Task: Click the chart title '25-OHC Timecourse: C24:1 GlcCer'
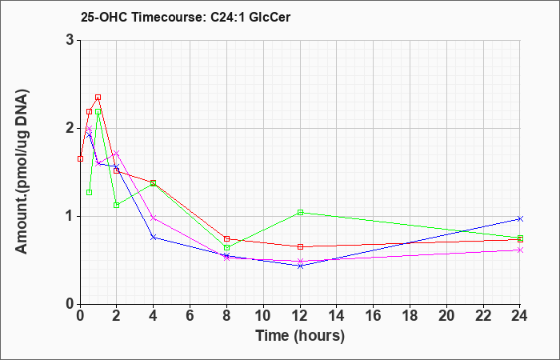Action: pyautogui.click(x=186, y=17)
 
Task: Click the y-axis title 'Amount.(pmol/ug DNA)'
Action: pyautogui.click(x=22, y=172)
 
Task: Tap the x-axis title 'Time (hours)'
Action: pyautogui.click(x=300, y=336)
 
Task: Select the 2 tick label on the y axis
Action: pyautogui.click(x=70, y=128)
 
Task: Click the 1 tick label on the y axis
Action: pyautogui.click(x=70, y=217)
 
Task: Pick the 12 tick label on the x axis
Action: pyautogui.click(x=300, y=315)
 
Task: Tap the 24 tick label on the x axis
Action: pyautogui.click(x=520, y=315)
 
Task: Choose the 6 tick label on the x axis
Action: pyautogui.click(x=190, y=315)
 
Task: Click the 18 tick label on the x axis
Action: pyautogui.click(x=410, y=315)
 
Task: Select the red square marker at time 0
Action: pyautogui.click(x=80, y=159)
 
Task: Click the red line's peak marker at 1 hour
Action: pyautogui.click(x=98, y=97)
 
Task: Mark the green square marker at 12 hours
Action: pyautogui.click(x=300, y=213)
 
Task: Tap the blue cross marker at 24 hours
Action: pyautogui.click(x=520, y=218)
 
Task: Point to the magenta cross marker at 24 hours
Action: pyautogui.click(x=520, y=250)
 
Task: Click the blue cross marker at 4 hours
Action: pyautogui.click(x=154, y=237)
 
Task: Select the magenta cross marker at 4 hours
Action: pyautogui.click(x=154, y=218)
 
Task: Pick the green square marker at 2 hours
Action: pyautogui.click(x=117, y=205)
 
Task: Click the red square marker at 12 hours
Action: pyautogui.click(x=300, y=246)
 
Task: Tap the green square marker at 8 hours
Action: pyautogui.click(x=226, y=247)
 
